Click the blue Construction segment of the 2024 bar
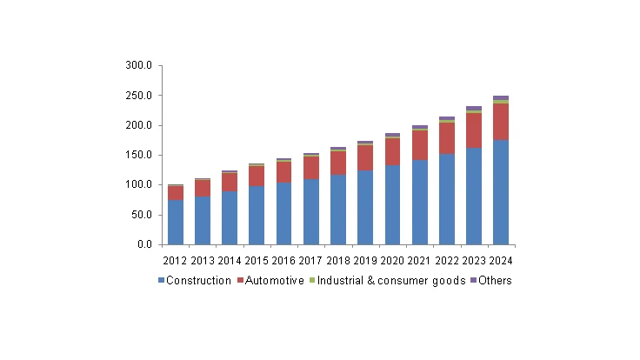pos(500,192)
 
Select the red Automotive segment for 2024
pos(500,122)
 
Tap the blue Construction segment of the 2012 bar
pos(176,223)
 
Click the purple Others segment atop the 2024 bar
pos(500,98)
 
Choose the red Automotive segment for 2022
pos(446,138)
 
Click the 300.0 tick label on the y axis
pos(140,65)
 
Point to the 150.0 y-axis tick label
pos(140,155)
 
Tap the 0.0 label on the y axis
pos(145,244)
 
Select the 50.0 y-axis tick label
pos(143,215)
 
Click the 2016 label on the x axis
pos(283,260)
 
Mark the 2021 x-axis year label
pos(419,260)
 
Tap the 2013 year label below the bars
pos(203,260)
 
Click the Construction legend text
pos(198,280)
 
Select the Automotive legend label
pos(274,280)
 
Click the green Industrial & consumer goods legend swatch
pos(310,281)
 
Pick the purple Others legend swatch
pos(473,281)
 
